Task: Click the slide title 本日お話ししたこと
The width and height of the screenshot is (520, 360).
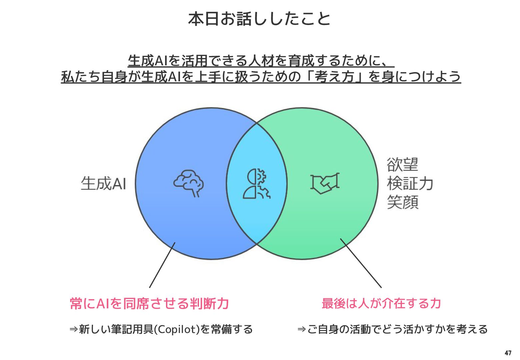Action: tap(259, 19)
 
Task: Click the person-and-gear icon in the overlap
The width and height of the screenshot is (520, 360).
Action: tap(256, 184)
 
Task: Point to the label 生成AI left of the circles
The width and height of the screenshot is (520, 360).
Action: tap(103, 184)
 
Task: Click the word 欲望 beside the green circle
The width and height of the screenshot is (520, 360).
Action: tap(402, 165)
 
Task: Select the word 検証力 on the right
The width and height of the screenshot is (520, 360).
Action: tap(410, 184)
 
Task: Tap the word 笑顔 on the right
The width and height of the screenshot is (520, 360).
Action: tap(402, 202)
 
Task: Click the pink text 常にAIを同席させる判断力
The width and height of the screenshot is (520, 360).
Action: tap(149, 304)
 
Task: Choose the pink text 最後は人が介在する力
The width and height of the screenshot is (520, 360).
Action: tap(381, 304)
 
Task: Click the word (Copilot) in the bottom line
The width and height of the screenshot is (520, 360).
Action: tap(177, 329)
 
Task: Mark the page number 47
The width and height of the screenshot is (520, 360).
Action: tap(508, 353)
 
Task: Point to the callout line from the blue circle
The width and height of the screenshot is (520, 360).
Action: tap(162, 265)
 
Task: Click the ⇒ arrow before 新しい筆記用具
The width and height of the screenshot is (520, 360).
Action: tap(73, 329)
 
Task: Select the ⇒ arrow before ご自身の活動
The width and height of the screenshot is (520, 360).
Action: tap(302, 329)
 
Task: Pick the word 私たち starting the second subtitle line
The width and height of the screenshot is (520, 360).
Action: tap(80, 77)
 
